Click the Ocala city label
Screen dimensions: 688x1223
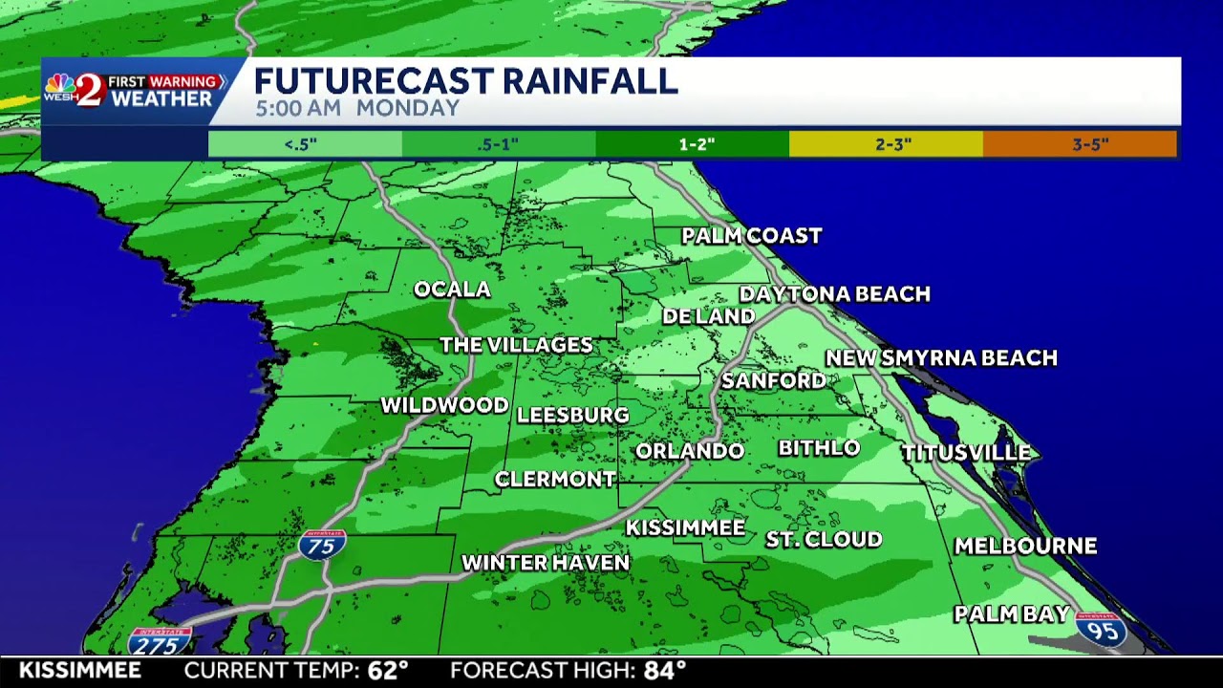tap(452, 290)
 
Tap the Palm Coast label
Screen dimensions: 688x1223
tap(752, 236)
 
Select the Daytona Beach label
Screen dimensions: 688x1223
tap(834, 294)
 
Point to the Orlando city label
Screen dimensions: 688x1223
tap(689, 451)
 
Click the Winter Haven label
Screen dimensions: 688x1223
tap(546, 563)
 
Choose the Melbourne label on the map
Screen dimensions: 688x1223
tap(1025, 547)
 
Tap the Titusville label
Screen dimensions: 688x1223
tap(966, 453)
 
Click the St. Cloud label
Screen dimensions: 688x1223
tap(824, 540)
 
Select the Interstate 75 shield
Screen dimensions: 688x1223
tap(322, 545)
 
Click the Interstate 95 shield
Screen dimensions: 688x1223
tap(1101, 630)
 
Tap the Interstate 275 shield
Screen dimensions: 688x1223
tap(160, 642)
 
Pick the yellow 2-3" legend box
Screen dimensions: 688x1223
tap(886, 144)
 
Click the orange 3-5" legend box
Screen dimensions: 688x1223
tap(1080, 144)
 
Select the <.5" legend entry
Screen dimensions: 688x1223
tap(305, 144)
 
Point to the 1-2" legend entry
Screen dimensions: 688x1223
tap(692, 144)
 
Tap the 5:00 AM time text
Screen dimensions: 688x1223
tap(297, 108)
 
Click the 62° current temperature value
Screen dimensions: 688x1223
tap(388, 671)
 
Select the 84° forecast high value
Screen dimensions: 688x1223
tap(664, 671)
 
